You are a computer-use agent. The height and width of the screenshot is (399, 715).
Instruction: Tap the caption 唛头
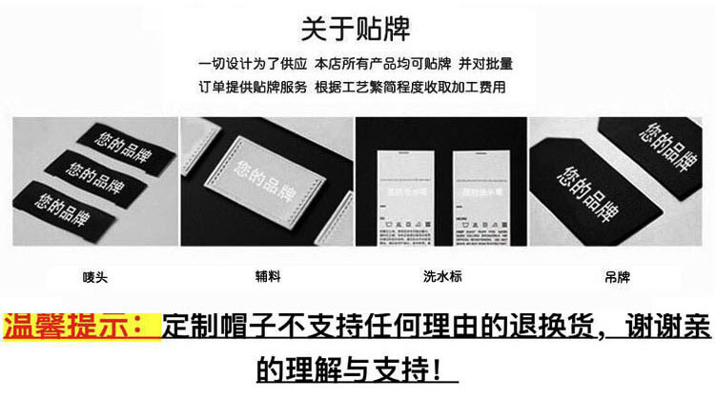(93, 278)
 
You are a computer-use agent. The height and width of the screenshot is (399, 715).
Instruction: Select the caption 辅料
(266, 278)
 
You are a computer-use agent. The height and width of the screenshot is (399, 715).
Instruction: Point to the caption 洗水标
(439, 278)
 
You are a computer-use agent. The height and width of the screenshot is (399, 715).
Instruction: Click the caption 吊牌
(617, 278)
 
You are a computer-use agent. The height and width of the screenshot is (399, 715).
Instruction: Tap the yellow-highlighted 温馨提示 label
(80, 327)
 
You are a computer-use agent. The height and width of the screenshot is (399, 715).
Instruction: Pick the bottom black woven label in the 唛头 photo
(69, 205)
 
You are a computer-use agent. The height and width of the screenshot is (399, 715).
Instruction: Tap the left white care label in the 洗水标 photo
(402, 194)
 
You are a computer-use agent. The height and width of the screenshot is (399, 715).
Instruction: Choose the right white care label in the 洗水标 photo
(477, 194)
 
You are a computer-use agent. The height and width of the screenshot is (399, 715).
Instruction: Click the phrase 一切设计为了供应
(254, 65)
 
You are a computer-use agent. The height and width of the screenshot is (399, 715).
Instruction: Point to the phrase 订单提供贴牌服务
(254, 87)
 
